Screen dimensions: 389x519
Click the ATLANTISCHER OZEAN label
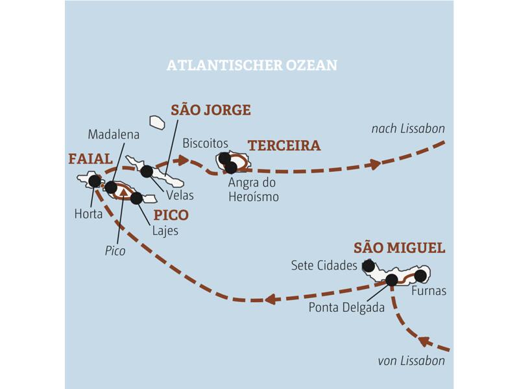(x=252, y=66)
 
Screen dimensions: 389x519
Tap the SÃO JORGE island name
(x=210, y=110)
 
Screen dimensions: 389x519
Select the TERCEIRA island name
(x=284, y=146)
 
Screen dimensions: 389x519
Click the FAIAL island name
(x=90, y=159)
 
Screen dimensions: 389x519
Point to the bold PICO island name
(x=171, y=215)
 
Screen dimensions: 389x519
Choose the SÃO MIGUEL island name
(x=399, y=248)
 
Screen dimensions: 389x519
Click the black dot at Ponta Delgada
(x=391, y=280)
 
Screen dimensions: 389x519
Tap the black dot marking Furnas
(x=420, y=276)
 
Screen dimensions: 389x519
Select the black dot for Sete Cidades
(x=368, y=265)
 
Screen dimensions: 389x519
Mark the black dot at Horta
(x=95, y=181)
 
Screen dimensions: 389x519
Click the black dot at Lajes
(x=136, y=198)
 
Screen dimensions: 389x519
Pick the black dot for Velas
(x=147, y=172)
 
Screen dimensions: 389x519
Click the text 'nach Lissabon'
(x=407, y=129)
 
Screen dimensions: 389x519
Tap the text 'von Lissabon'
(x=411, y=361)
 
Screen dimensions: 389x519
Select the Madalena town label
(x=114, y=134)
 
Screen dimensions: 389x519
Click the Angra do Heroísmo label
(x=253, y=189)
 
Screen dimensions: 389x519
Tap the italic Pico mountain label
(x=115, y=250)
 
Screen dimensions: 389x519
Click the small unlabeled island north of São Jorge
(x=157, y=122)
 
